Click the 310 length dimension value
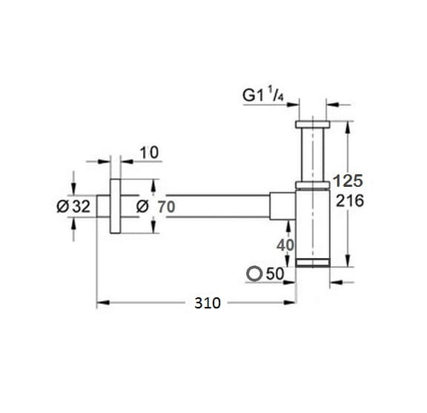pos(208,303)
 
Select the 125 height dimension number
pos(348,181)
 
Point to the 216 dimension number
pos(350,201)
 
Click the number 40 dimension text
pos(285,245)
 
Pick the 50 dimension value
pos(275,274)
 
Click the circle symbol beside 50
pos(254,274)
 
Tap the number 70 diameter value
pos(166,207)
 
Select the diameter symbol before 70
pos(142,206)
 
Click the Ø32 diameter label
pos(73,206)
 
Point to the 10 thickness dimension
pos(149,153)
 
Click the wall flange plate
pos(115,206)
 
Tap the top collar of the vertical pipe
pos(313,125)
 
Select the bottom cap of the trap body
pos(313,263)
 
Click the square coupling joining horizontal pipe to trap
pos(282,205)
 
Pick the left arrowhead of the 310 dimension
pos(103,303)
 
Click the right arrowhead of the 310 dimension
pos(289,303)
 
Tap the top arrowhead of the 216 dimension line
pos(348,128)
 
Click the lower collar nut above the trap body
pos(313,185)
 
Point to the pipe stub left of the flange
pos(103,206)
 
